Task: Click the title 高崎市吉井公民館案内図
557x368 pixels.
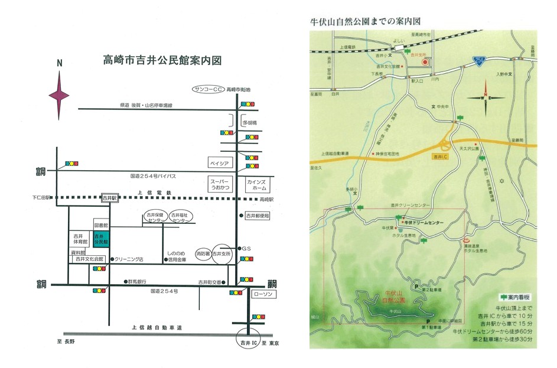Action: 162,60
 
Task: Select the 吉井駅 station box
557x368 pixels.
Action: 109,198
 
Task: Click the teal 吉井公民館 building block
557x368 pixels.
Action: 99,239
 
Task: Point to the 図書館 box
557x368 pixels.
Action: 102,225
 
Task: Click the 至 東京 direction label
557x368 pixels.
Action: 270,343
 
